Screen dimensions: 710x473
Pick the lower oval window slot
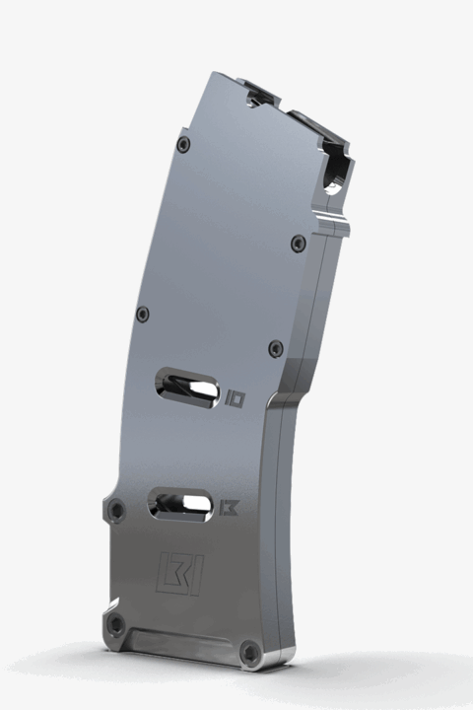point(179,504)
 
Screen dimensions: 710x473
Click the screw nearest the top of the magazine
point(182,145)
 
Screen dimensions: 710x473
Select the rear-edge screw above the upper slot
point(143,315)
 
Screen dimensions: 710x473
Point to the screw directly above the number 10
point(277,348)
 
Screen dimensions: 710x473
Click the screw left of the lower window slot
point(117,511)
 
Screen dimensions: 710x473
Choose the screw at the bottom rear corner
point(115,625)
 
